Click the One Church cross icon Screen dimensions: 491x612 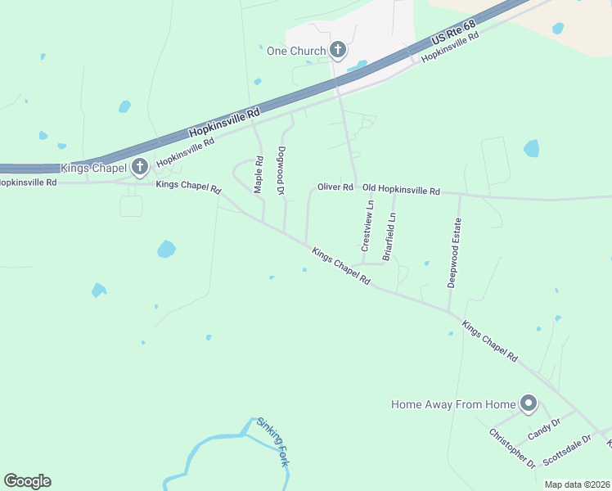coord(338,51)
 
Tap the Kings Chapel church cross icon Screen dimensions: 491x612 coord(140,168)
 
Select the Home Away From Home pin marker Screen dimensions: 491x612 coord(529,403)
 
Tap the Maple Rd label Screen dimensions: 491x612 coord(259,174)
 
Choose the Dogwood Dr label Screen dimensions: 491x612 coord(281,171)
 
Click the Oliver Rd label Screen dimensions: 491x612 coord(335,187)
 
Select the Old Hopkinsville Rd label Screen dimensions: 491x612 coord(401,190)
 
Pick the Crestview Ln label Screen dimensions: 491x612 coord(367,226)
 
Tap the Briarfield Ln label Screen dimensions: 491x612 coord(390,236)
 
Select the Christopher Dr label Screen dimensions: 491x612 coord(512,448)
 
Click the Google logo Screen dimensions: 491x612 coord(27,481)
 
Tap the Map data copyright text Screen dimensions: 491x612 coord(577,484)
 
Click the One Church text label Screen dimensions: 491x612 coord(296,51)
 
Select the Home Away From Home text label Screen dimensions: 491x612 coord(453,404)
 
